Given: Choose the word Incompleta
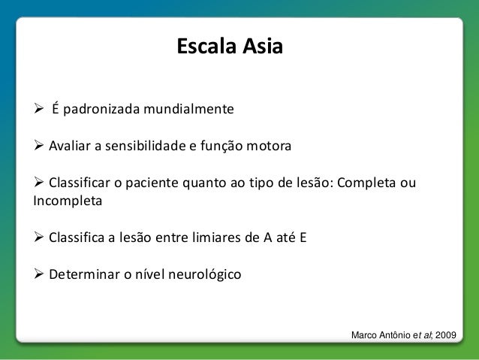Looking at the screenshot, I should tap(66, 201).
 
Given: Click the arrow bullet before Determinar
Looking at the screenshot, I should tap(39, 274).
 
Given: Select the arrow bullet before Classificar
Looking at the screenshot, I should tap(39, 183).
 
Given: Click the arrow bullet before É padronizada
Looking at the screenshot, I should tap(39, 110).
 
